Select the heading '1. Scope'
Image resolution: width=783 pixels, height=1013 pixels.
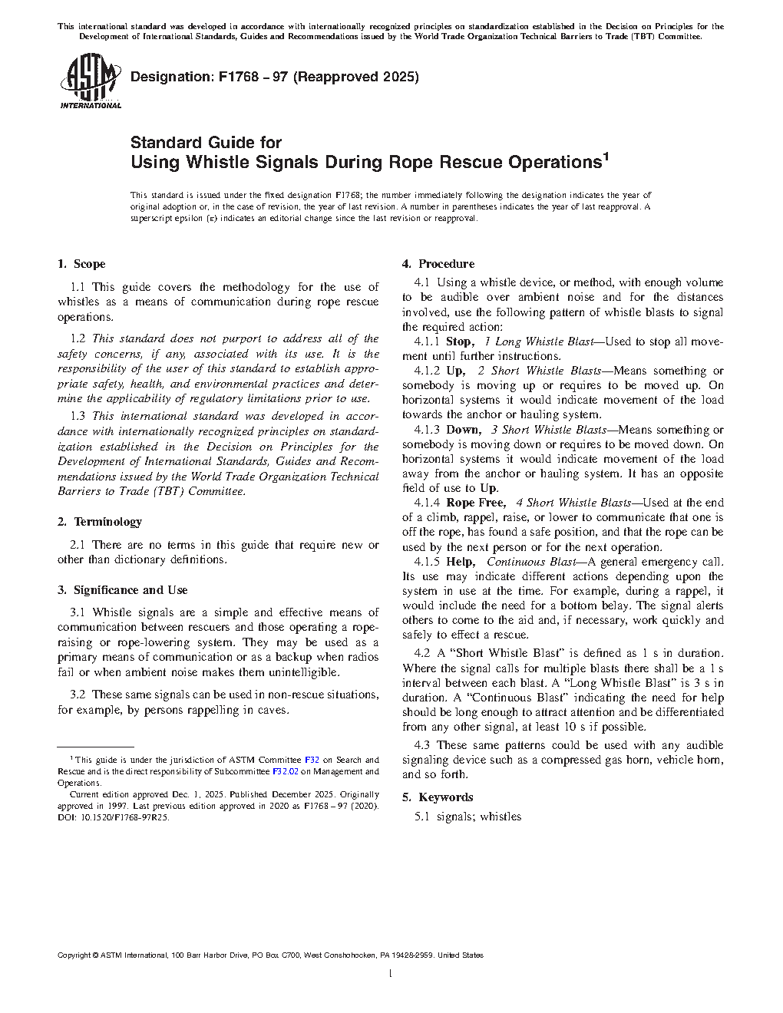(x=81, y=264)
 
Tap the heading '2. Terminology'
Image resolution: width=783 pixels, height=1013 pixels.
(x=100, y=522)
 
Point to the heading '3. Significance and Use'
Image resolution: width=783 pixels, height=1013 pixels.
(x=123, y=590)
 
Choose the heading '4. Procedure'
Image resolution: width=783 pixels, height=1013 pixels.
(x=438, y=264)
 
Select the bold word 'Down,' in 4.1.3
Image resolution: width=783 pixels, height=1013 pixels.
(x=464, y=430)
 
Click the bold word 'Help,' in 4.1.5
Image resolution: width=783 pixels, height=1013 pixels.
(x=460, y=562)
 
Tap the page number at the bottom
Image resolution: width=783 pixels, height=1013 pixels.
(x=391, y=974)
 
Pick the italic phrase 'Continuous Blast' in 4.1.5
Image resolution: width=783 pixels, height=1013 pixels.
(x=530, y=562)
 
